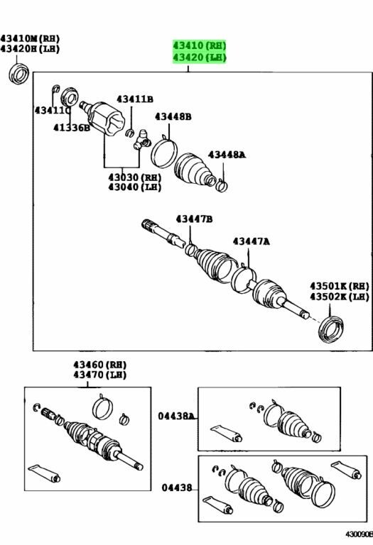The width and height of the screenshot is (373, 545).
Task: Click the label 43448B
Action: (173, 116)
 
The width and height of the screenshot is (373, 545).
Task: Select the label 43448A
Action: (226, 154)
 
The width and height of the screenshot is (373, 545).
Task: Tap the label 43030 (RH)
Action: (134, 177)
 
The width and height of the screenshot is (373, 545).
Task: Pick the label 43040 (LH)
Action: (134, 187)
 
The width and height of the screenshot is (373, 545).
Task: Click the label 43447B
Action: (194, 220)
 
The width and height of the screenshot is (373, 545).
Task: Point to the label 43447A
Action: (251, 242)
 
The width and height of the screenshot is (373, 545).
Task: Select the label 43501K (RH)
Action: (339, 285)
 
